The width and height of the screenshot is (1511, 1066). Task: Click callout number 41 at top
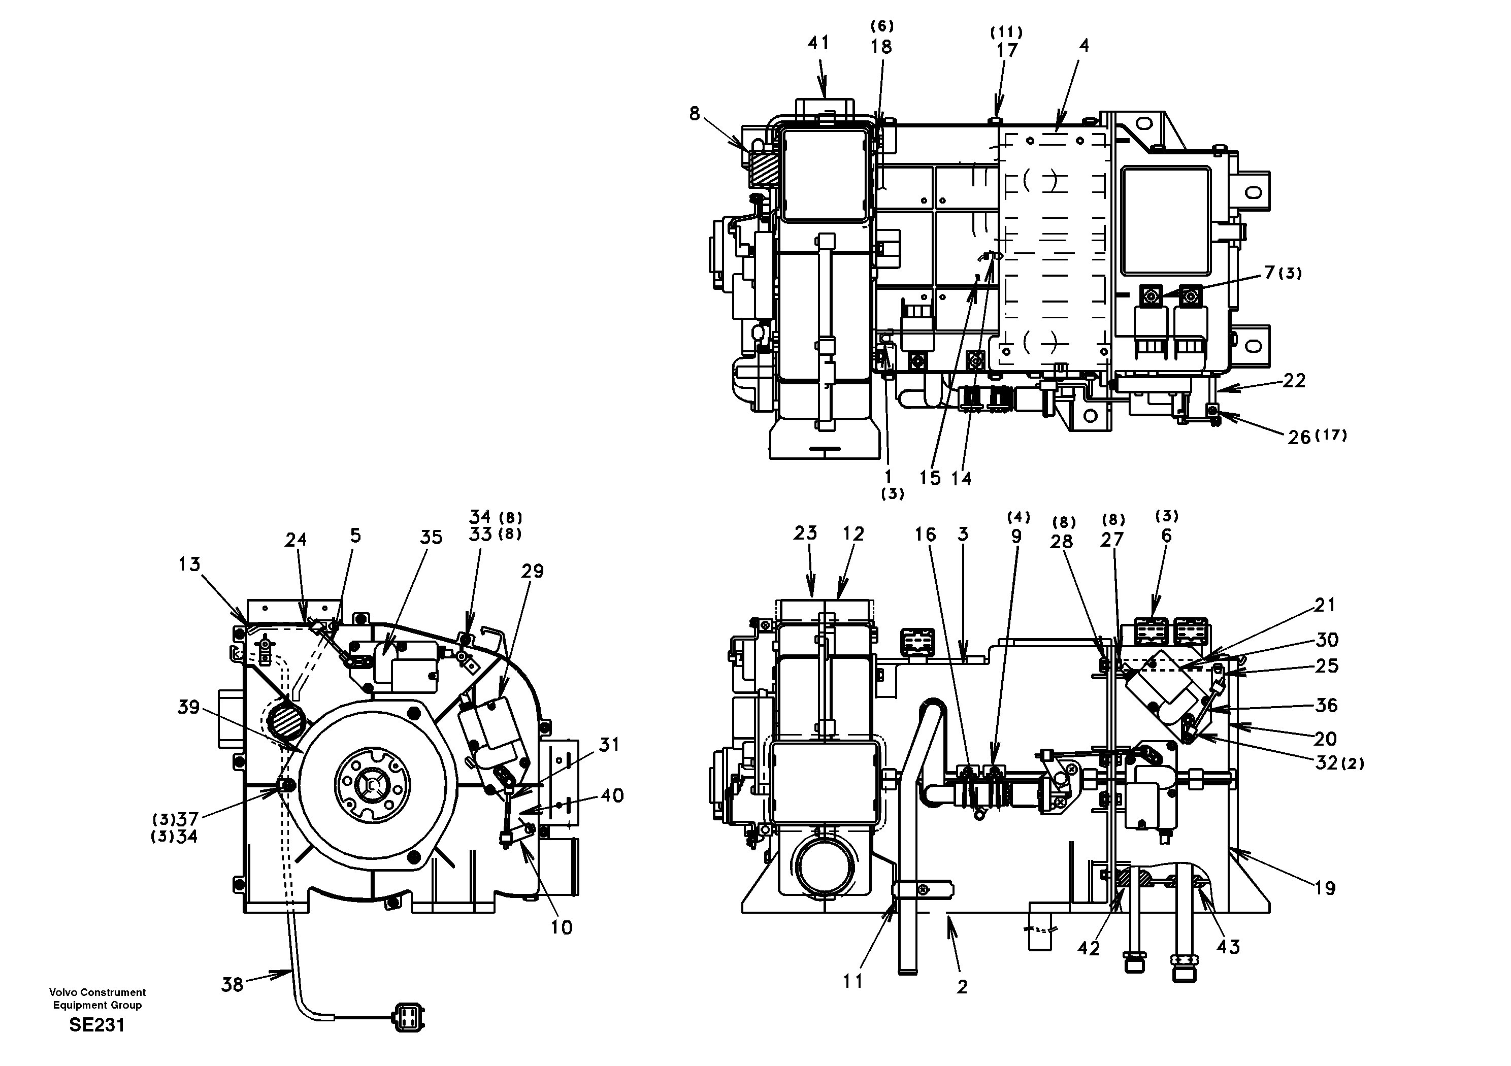tap(818, 43)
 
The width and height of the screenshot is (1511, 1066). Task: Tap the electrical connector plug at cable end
tap(408, 1019)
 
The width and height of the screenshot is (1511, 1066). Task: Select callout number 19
tap(1325, 888)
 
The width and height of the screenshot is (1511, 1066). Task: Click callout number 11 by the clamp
tap(853, 981)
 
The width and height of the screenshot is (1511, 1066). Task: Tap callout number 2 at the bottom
tap(962, 987)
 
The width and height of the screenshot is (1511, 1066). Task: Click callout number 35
tap(432, 537)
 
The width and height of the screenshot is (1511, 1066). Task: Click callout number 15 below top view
tap(930, 478)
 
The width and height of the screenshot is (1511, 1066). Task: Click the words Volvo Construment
tap(97, 992)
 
